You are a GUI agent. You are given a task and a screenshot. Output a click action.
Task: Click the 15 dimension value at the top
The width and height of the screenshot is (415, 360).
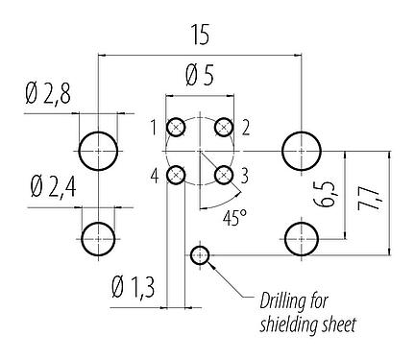click(199, 36)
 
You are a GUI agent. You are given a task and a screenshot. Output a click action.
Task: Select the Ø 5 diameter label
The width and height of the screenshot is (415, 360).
click(199, 73)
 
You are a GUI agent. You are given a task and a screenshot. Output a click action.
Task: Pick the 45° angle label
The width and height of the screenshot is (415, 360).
click(235, 219)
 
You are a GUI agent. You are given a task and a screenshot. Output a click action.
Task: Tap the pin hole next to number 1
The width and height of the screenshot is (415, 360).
click(176, 128)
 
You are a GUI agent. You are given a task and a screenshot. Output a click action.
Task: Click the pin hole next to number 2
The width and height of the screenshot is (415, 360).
click(223, 128)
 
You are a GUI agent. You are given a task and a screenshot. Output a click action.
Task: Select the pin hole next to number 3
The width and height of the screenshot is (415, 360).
click(223, 175)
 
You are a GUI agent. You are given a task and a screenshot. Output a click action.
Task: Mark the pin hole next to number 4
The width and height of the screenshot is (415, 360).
click(176, 175)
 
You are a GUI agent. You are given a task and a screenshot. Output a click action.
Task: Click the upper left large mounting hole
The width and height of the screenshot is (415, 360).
click(99, 151)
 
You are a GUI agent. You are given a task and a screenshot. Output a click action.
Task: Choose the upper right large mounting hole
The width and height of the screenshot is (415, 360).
click(302, 151)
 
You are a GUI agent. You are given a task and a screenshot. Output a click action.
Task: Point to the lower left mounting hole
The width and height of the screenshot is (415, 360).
click(99, 236)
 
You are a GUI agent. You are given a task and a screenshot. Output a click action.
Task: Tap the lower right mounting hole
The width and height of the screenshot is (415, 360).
click(302, 236)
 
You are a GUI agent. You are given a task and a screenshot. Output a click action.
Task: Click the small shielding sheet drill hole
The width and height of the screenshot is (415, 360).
click(199, 254)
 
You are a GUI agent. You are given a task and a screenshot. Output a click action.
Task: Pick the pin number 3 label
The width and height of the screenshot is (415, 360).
click(244, 174)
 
